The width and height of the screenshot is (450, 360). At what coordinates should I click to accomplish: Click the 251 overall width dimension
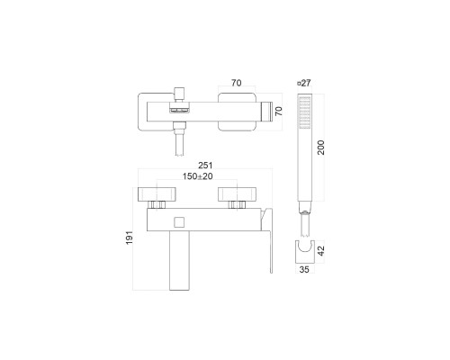coord(205,166)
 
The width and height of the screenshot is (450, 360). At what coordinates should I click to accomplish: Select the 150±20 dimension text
coord(198,176)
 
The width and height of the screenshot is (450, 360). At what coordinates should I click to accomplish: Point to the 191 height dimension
coord(130,238)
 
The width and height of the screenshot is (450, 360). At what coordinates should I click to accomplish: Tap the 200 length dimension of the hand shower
coord(321,148)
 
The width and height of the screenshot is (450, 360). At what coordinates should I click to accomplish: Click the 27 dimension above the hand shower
coord(304,83)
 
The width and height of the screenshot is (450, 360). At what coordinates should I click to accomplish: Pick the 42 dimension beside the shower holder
coord(321,251)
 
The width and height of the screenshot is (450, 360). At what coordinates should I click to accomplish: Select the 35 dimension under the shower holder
coord(304,269)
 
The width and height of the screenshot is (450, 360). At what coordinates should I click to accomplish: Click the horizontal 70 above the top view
coord(237,83)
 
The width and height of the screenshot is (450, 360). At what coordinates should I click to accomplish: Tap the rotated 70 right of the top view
coord(279,112)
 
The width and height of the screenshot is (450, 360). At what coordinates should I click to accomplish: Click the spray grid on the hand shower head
coord(305,112)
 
